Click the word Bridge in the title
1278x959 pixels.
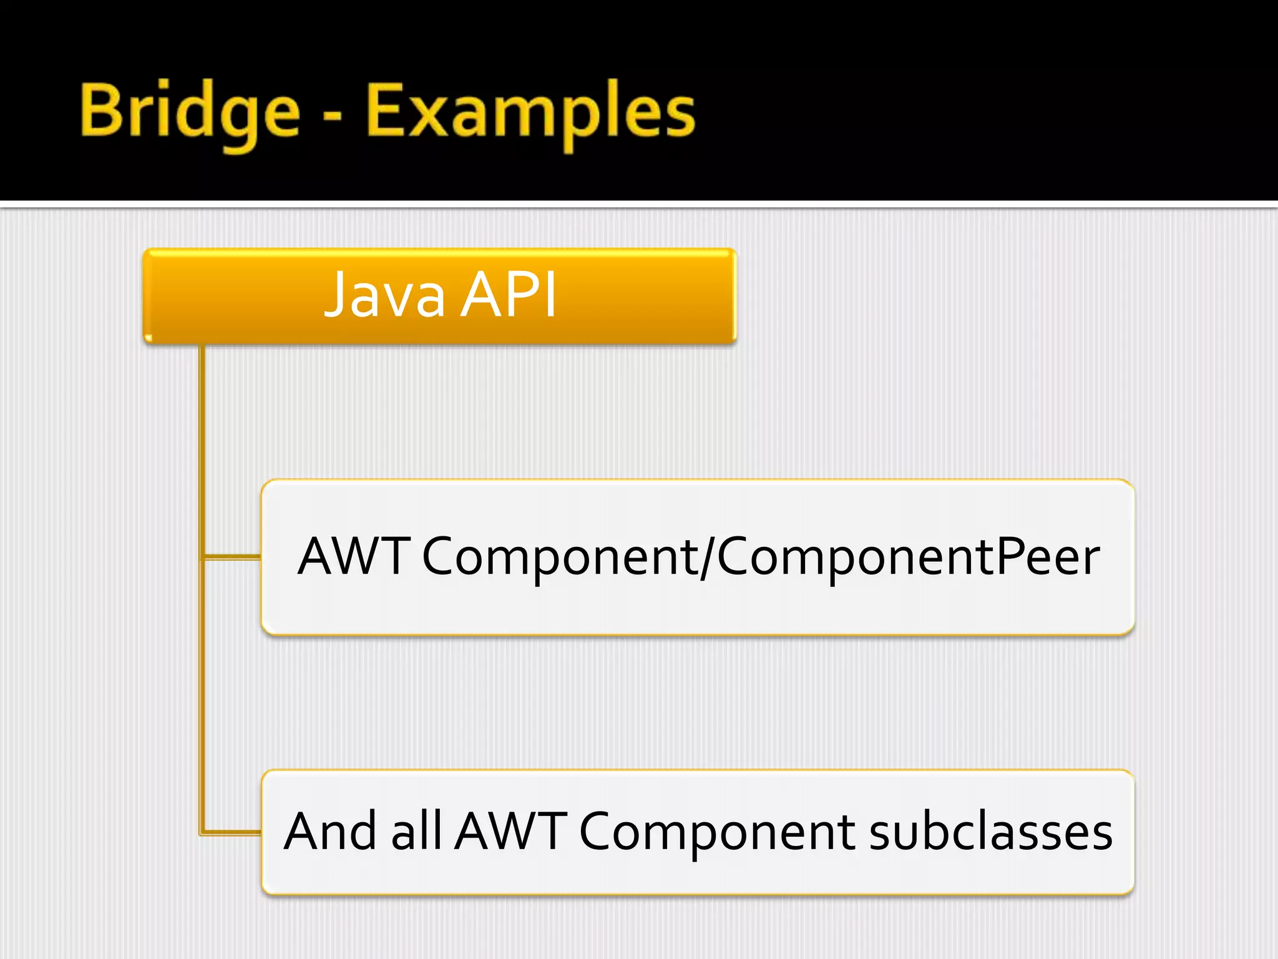click(190, 112)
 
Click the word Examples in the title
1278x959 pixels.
click(530, 112)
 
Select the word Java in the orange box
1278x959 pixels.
click(384, 295)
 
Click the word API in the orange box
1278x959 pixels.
click(508, 295)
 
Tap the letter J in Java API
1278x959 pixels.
click(337, 295)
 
